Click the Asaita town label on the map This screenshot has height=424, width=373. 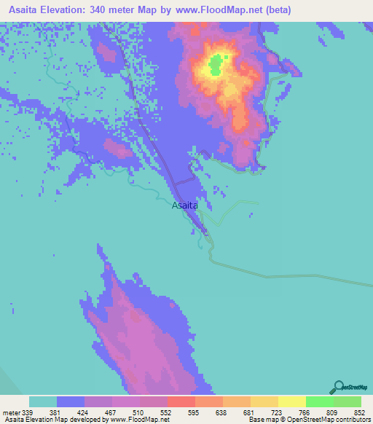click(x=185, y=206)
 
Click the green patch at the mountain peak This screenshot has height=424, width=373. click(x=216, y=67)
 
